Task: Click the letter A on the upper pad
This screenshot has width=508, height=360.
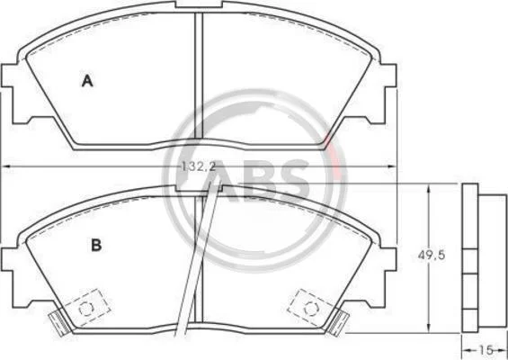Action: point(87,81)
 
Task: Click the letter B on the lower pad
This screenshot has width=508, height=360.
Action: point(96,245)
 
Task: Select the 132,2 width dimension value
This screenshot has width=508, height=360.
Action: point(199,166)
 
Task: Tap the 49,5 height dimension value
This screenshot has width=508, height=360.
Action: point(432,256)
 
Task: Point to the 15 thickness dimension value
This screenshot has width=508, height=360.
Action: point(486,350)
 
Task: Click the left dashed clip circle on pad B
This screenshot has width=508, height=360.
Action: point(86,308)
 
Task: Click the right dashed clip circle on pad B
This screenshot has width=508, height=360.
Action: point(311,309)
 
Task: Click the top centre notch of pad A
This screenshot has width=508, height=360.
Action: point(199,4)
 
